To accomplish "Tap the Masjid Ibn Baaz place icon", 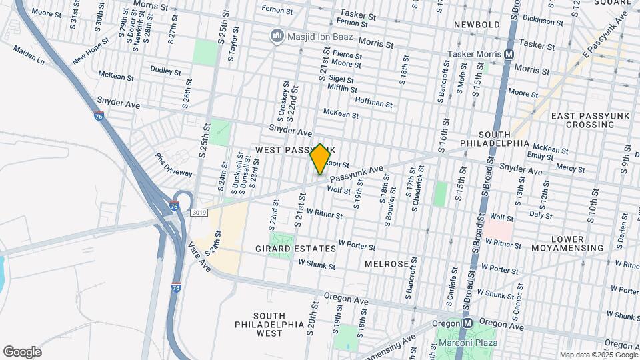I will pyautogui.click(x=275, y=35).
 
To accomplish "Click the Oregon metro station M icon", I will pyautogui.click(x=468, y=323).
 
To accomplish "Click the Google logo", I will pyautogui.click(x=22, y=351).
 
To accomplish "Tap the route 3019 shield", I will pyautogui.click(x=199, y=213).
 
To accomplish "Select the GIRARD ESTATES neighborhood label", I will pyautogui.click(x=295, y=249).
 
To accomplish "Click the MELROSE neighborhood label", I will pyautogui.click(x=387, y=264).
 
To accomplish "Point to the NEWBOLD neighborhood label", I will pyautogui.click(x=477, y=25).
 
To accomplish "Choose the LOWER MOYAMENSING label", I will pyautogui.click(x=567, y=243).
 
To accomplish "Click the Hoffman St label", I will pyautogui.click(x=374, y=103).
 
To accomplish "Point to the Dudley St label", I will pyautogui.click(x=165, y=71).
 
